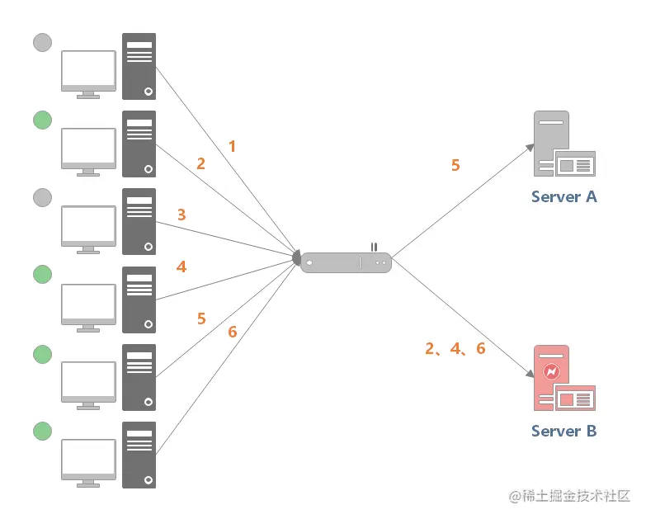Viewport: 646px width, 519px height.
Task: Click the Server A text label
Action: point(564,197)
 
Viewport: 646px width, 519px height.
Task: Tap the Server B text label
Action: point(564,431)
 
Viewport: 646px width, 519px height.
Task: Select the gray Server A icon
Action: point(564,144)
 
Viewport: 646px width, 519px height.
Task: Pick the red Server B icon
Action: point(564,378)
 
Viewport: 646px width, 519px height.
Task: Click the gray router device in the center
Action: point(346,262)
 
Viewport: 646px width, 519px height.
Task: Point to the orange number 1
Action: point(233,146)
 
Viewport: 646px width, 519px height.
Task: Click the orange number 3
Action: point(182,215)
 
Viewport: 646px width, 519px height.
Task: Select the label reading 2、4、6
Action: point(455,348)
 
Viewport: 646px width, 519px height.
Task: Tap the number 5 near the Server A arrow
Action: point(455,165)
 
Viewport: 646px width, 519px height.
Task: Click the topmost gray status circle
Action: point(42,42)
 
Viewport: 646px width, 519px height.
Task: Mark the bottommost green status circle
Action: point(42,431)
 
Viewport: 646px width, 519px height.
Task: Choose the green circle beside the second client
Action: point(42,120)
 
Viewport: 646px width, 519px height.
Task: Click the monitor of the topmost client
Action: point(88,74)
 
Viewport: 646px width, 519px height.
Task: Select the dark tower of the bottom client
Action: point(139,455)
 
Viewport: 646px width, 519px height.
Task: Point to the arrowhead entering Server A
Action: point(530,148)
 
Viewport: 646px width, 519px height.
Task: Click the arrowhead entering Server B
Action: point(530,373)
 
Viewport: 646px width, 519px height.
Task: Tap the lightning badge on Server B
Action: point(551,371)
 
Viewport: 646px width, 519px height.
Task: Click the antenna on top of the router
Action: point(374,248)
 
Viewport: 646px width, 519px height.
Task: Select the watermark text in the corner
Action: point(570,496)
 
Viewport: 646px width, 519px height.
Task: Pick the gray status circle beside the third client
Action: point(42,198)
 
